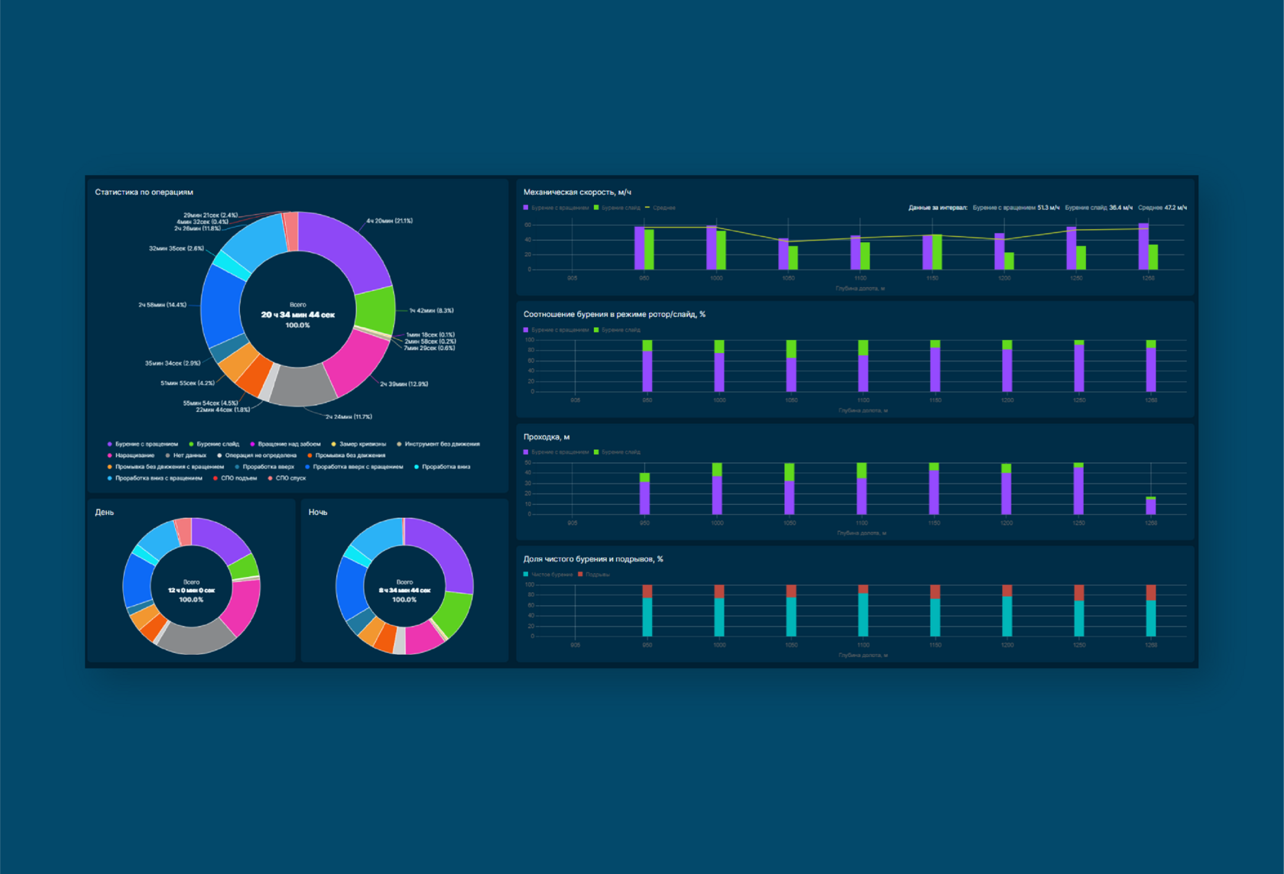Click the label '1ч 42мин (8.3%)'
coord(431,311)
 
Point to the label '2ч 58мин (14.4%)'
coord(162,305)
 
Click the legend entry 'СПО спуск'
coord(290,478)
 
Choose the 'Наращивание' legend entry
coord(135,455)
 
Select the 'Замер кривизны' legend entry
coord(362,444)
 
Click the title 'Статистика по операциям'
coord(144,193)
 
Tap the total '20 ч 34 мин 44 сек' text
coord(297,315)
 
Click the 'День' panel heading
coord(105,513)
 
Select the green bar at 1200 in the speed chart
coord(1009,261)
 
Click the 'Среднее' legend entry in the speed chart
coord(663,208)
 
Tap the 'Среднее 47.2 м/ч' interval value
coord(1162,208)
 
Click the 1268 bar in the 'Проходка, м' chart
coord(1151,506)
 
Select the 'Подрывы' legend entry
coord(597,575)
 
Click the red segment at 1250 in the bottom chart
coord(1079,593)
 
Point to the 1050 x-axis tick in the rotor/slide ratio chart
coord(791,400)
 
